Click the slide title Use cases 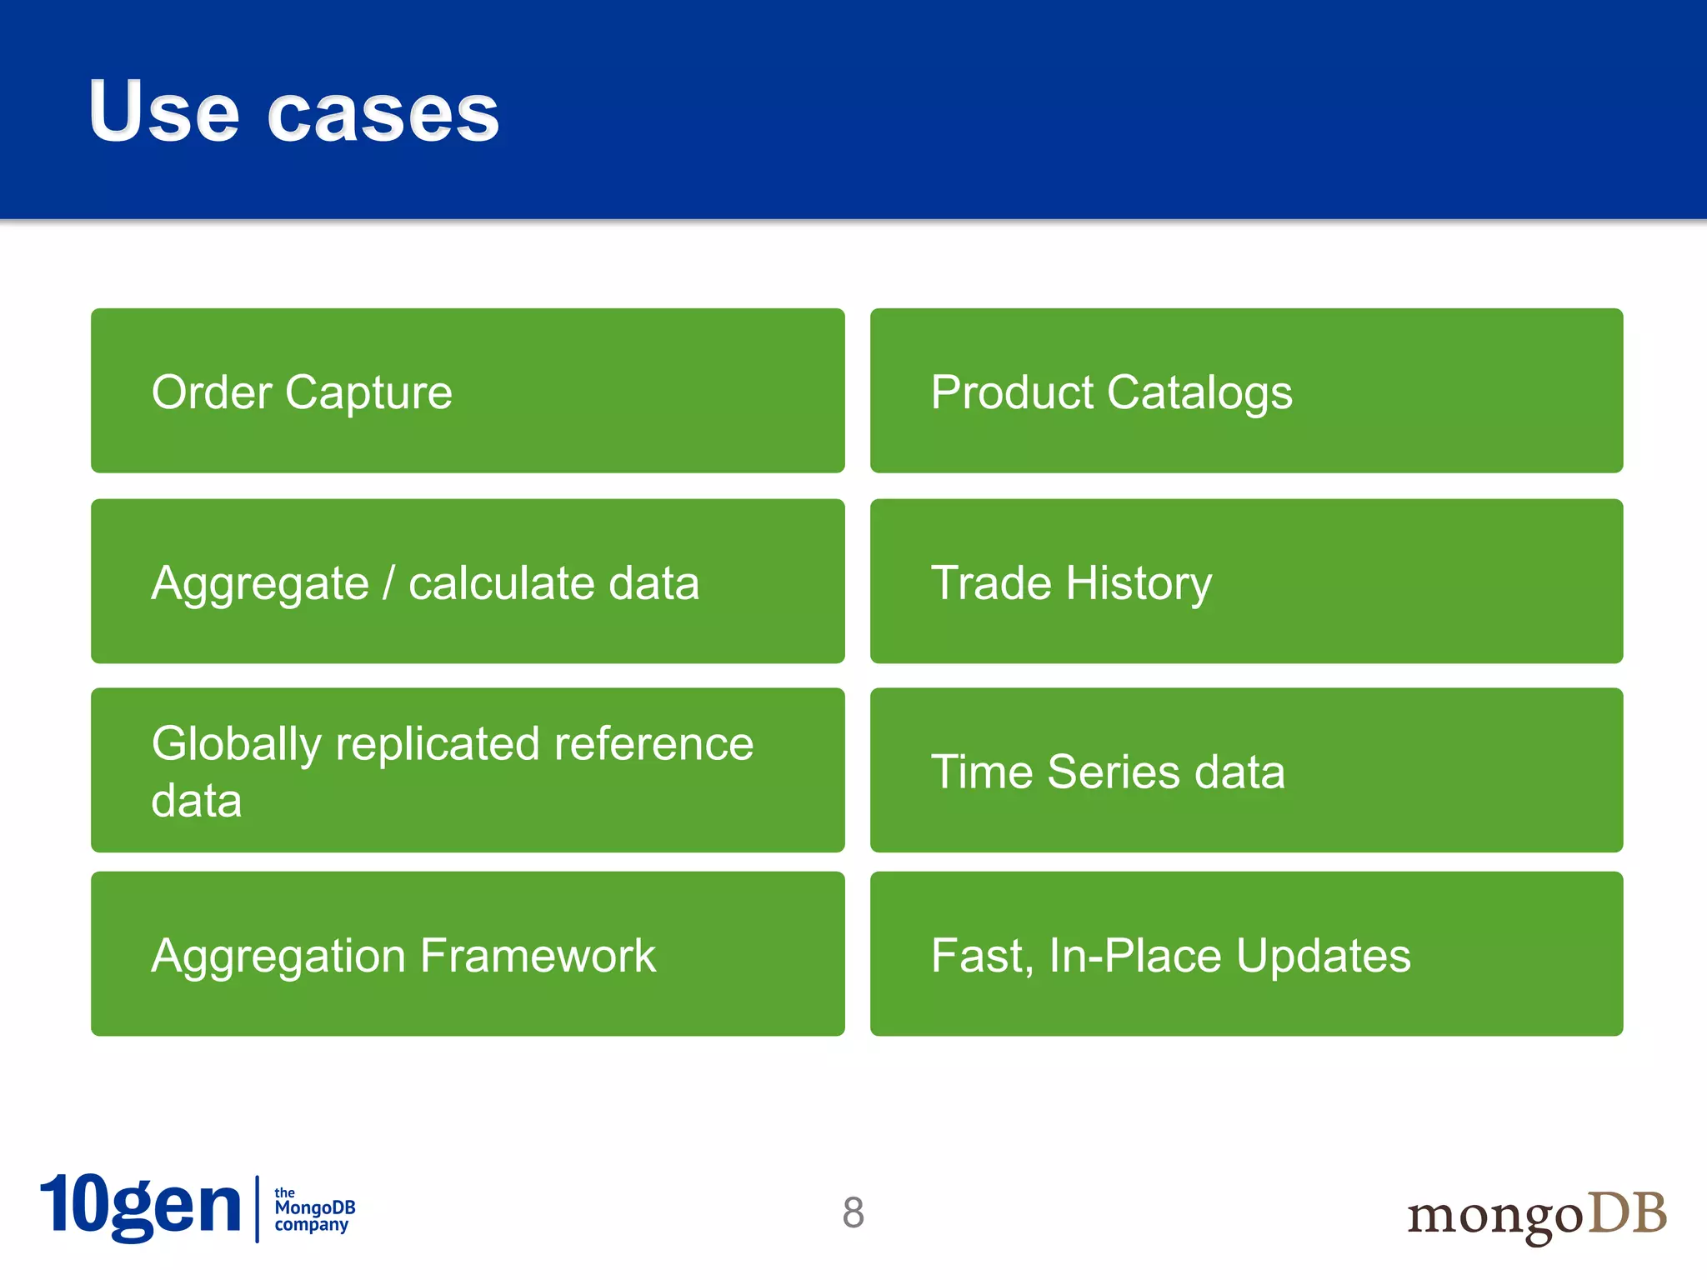[x=293, y=112]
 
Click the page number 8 [x=853, y=1212]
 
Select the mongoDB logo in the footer [x=1536, y=1215]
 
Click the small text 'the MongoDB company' [x=314, y=1209]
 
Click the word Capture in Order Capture [x=368, y=393]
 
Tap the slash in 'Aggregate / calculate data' [x=388, y=582]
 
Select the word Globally [x=236, y=744]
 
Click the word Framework [x=538, y=955]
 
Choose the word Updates [x=1323, y=956]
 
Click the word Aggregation [x=278, y=957]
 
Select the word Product [x=1011, y=392]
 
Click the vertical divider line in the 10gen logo [x=257, y=1209]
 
